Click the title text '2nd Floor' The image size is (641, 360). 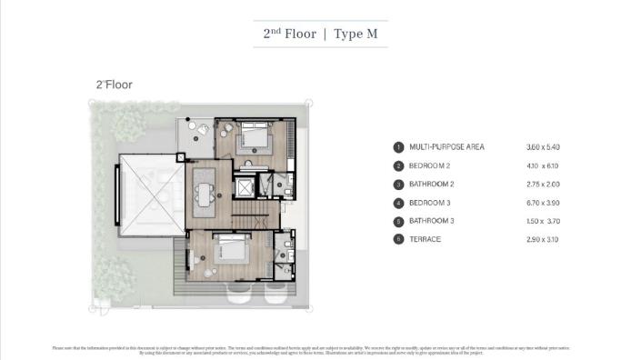coord(289,34)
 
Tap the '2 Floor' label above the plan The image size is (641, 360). coord(114,85)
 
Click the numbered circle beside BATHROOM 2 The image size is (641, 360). coord(397,184)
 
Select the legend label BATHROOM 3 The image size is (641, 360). coord(432,220)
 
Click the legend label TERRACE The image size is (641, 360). coord(424,238)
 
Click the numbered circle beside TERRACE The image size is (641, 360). coord(397,238)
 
